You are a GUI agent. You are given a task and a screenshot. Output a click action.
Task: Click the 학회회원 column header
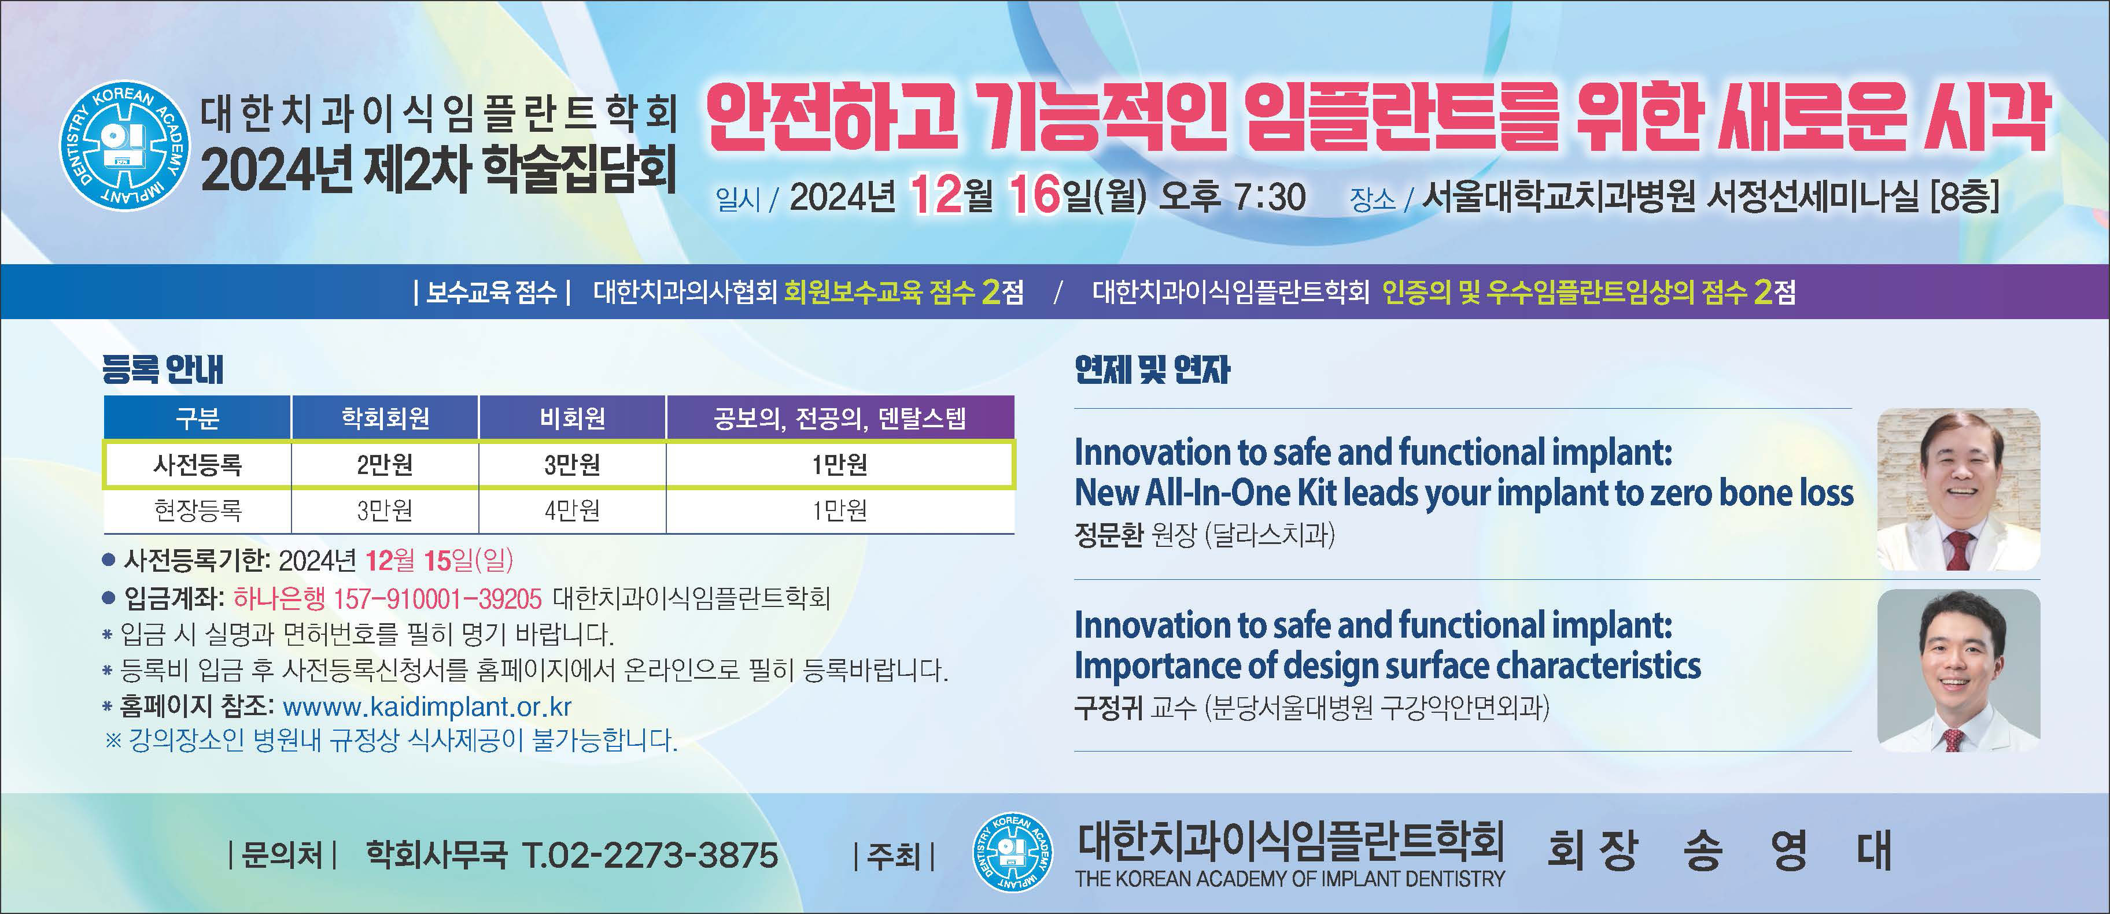click(385, 419)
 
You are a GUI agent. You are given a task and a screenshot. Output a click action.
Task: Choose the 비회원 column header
click(573, 419)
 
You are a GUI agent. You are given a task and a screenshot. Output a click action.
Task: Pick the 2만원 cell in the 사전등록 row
click(385, 464)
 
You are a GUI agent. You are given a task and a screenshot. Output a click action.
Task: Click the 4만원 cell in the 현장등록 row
click(573, 510)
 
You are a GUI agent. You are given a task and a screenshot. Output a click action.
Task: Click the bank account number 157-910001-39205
click(437, 599)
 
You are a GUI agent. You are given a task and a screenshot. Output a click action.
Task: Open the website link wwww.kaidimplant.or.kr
click(427, 706)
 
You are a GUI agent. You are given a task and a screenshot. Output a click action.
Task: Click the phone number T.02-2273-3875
click(650, 855)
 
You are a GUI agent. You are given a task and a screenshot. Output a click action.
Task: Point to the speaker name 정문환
click(1108, 535)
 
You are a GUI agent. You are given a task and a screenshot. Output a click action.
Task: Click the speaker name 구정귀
click(1108, 707)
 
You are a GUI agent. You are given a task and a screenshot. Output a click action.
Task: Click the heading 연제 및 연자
click(1153, 369)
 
